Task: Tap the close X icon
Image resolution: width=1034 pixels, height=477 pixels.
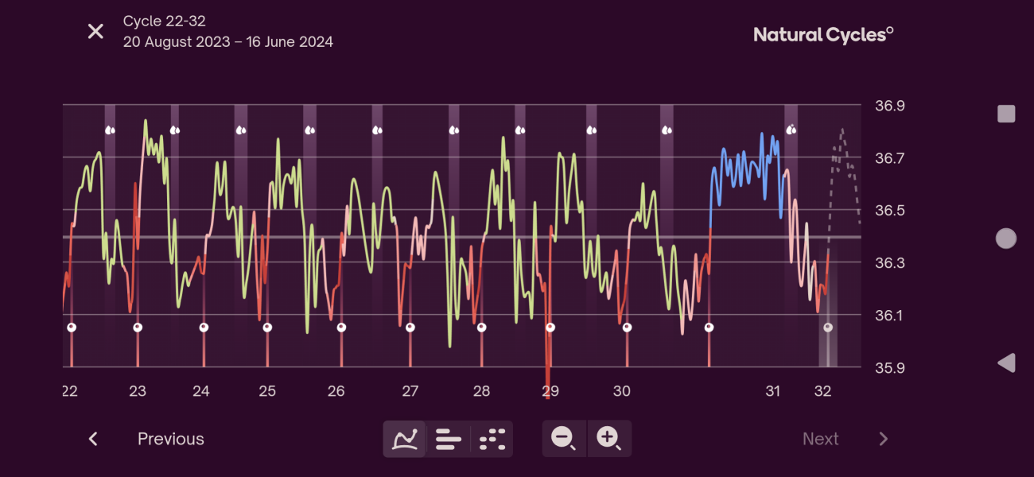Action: (x=95, y=32)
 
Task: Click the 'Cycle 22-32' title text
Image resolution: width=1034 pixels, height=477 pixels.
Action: (x=164, y=21)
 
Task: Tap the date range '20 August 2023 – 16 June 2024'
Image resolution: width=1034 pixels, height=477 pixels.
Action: (x=227, y=42)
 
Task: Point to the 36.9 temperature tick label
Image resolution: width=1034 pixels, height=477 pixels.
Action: (x=890, y=106)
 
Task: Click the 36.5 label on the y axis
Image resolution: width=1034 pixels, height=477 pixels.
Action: (x=890, y=211)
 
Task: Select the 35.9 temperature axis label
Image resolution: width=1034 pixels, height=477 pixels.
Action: (x=890, y=368)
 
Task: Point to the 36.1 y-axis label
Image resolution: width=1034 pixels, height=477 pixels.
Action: (x=890, y=316)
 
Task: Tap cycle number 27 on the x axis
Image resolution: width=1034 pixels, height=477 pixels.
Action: (x=410, y=391)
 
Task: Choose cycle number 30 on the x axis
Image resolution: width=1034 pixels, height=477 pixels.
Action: (x=622, y=391)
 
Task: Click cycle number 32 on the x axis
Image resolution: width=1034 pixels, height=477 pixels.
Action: (x=823, y=391)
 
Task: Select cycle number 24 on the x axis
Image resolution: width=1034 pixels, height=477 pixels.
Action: (x=201, y=391)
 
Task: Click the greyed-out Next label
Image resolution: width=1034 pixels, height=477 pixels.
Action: (x=820, y=439)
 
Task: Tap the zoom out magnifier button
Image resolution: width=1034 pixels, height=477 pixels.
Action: (x=564, y=438)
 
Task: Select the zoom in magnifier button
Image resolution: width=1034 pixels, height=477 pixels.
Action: (x=608, y=438)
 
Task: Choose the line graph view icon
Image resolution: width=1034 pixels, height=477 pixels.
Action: (x=405, y=439)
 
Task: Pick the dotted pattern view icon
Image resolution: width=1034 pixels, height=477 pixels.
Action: (x=493, y=439)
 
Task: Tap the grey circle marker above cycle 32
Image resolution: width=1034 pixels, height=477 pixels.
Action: (x=828, y=328)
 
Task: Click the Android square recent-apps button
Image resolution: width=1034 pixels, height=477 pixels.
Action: (x=1006, y=114)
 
